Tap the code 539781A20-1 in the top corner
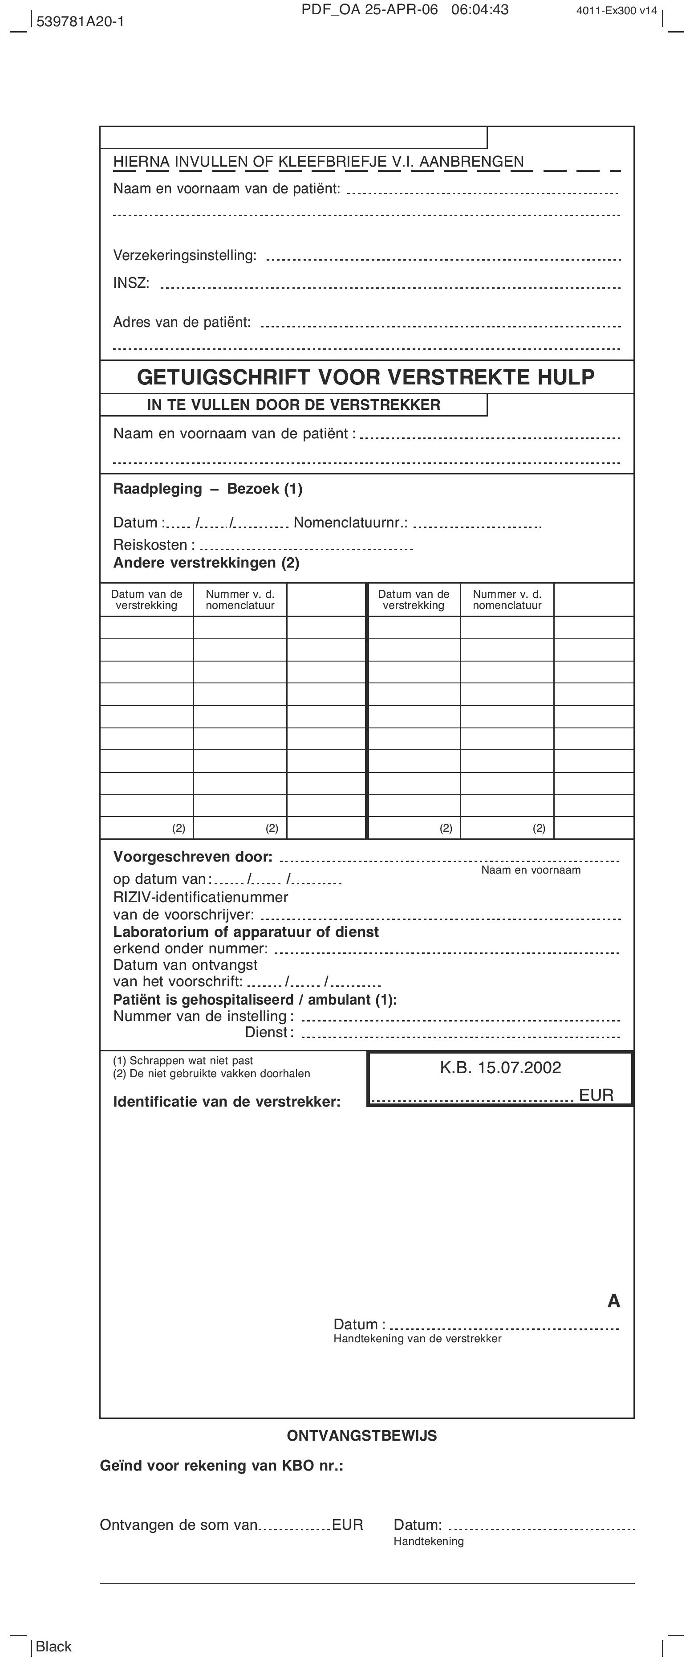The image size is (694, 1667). coord(80,21)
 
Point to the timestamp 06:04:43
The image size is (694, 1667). coord(480,10)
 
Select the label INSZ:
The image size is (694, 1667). coord(131,283)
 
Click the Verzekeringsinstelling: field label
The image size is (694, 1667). coord(185,256)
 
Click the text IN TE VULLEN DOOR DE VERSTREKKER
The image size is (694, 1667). coord(294,405)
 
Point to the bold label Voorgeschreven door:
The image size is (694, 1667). coord(193,857)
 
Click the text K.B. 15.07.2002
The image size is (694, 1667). coord(501,1068)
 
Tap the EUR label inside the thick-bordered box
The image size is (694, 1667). coord(596,1095)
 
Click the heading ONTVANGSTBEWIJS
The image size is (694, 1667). coord(361,1436)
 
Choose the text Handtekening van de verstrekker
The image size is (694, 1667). coord(417,1338)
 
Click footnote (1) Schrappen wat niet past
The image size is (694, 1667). coord(183,1061)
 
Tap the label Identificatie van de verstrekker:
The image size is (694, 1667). coord(227,1101)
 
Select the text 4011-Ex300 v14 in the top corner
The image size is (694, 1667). coord(617,10)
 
